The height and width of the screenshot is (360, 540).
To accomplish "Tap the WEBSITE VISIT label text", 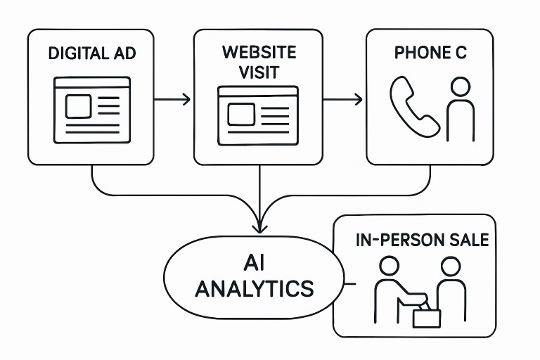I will [258, 61].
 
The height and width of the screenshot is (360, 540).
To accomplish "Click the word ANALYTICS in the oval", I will [255, 288].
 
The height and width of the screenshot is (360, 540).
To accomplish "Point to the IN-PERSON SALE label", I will [422, 240].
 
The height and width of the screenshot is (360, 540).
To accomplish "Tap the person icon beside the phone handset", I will [459, 109].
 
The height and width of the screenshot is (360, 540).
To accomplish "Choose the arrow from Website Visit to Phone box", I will [342, 99].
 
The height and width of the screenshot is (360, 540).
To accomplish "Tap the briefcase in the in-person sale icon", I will [426, 317].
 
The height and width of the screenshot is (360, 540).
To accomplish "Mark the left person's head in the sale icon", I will [389, 265].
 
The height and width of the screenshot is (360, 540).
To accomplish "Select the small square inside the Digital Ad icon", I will [78, 106].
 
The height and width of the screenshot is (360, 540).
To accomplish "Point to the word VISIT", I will [258, 71].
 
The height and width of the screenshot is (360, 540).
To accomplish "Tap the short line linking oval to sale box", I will [347, 284].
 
